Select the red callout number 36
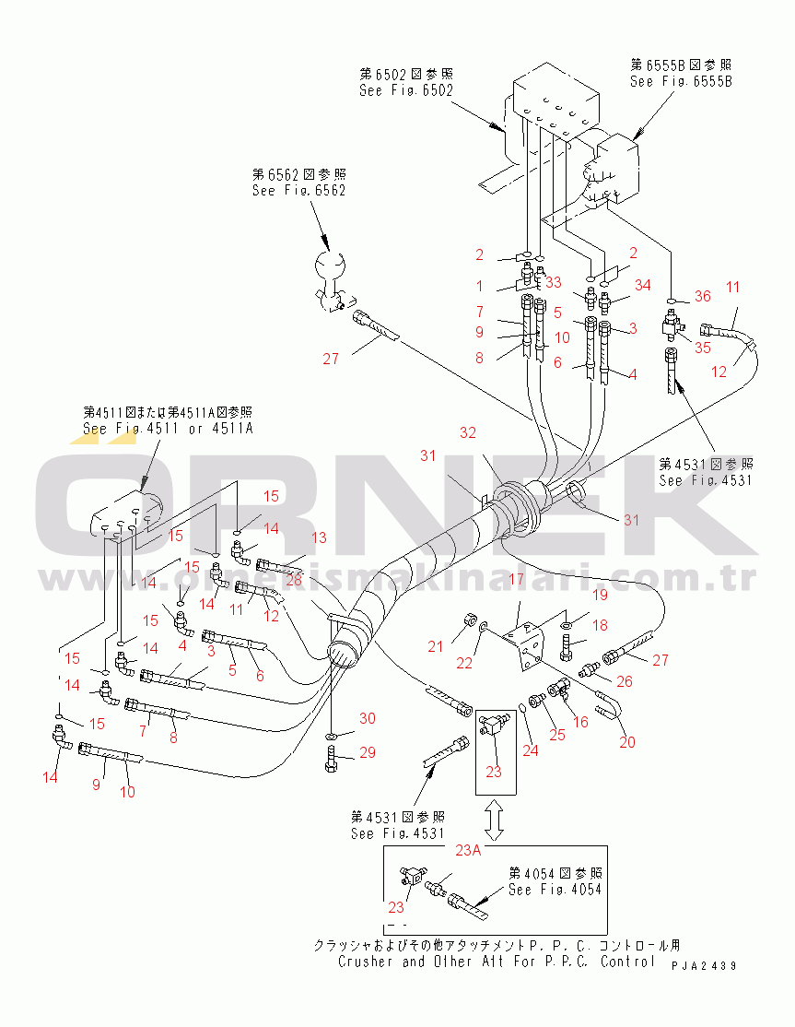click(x=702, y=297)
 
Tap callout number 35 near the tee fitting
click(x=702, y=348)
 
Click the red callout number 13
click(x=318, y=537)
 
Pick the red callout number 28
click(x=294, y=578)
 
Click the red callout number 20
click(x=627, y=742)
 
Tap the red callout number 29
click(x=368, y=753)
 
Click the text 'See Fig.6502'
click(x=406, y=90)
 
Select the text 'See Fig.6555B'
click(x=681, y=81)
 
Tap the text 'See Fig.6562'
click(x=298, y=190)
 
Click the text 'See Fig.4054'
click(x=555, y=890)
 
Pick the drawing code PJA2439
click(x=704, y=965)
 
